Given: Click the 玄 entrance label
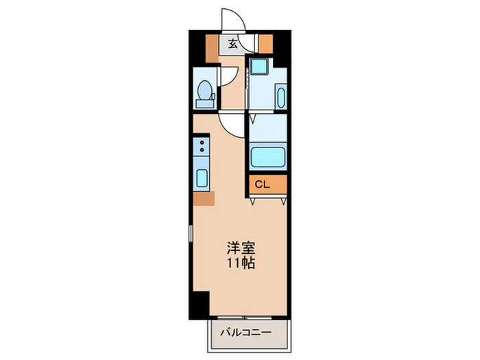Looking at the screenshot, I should click(232, 45).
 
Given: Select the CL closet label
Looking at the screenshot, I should click(262, 184).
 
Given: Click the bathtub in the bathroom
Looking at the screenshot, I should click(267, 156).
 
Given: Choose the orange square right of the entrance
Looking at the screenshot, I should click(265, 44).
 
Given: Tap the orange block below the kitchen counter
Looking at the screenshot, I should click(204, 199).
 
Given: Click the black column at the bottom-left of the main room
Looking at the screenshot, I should click(200, 302).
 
